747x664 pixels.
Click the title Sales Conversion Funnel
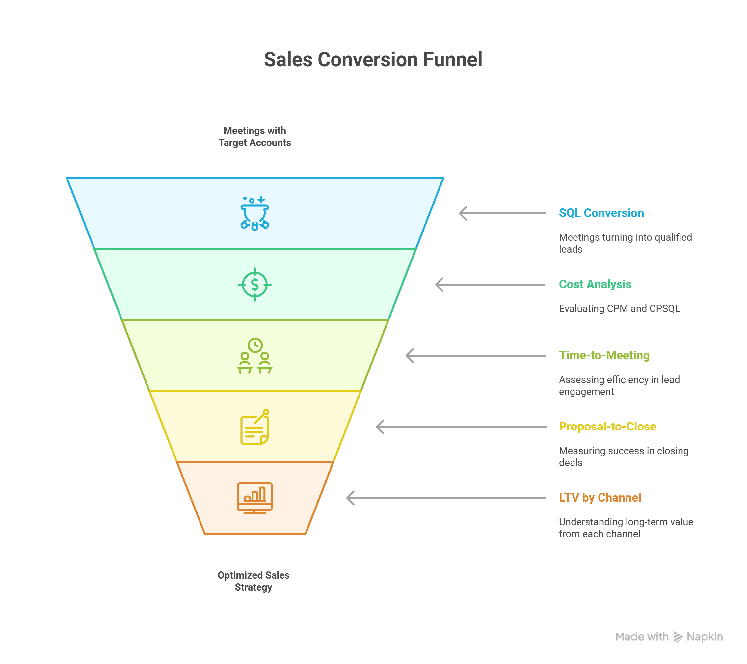tap(373, 60)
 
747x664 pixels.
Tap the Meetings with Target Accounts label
tap(255, 136)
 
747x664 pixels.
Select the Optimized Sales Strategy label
tap(253, 581)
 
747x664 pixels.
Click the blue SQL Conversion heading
tap(601, 213)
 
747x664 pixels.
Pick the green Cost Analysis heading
tap(595, 284)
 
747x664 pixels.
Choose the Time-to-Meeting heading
tap(604, 355)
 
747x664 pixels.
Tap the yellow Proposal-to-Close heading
tap(607, 426)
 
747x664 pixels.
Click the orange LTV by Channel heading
tap(600, 498)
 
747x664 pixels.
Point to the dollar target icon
tap(255, 285)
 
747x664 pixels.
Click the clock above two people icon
tap(255, 355)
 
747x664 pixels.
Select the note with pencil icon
tap(255, 427)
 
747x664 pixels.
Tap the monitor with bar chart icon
tap(255, 498)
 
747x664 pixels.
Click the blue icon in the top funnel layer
tap(255, 213)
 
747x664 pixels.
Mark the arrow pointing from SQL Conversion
tap(502, 213)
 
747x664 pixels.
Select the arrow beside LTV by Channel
tap(446, 498)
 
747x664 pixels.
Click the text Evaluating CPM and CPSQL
tap(619, 309)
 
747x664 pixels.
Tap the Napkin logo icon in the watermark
tap(678, 637)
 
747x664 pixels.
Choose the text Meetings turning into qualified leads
tap(625, 243)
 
